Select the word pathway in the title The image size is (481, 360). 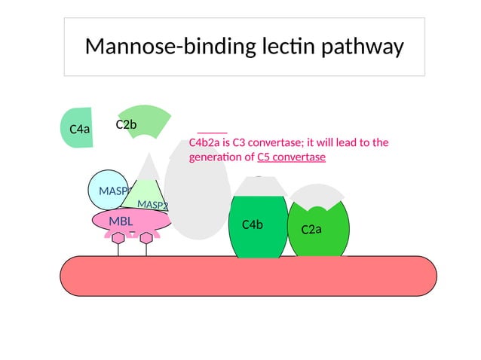pos(363,47)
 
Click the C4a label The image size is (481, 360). pos(79,129)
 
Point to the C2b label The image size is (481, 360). pos(126,124)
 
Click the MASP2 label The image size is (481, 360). pos(152,205)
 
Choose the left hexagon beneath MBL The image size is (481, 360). pos(118,239)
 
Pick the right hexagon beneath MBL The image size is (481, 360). pos(146,239)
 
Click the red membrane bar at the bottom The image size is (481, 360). pos(248,276)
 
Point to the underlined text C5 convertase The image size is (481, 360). pos(291,157)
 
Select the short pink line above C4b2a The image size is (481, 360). pos(212,132)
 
